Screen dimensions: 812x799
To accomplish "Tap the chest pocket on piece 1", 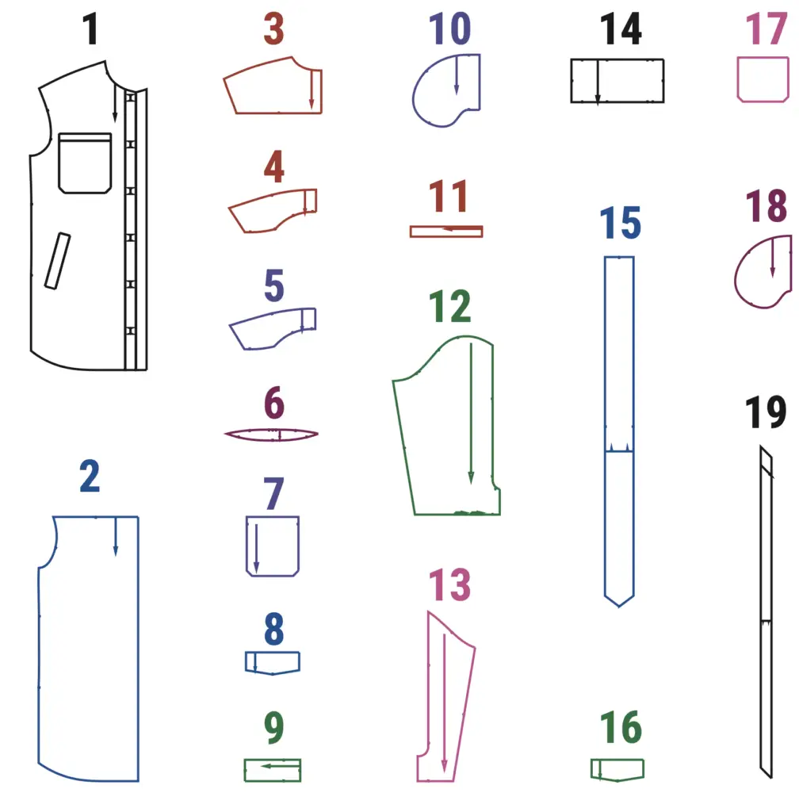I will click(x=85, y=163).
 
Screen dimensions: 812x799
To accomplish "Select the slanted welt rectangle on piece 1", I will click(x=57, y=260).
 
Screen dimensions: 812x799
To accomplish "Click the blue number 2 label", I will click(x=90, y=477).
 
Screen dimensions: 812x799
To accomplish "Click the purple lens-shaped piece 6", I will click(x=271, y=435).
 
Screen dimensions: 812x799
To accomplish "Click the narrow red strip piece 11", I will click(x=445, y=232).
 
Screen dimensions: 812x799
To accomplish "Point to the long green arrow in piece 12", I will click(x=471, y=412).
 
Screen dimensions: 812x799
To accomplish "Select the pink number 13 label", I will click(x=449, y=585).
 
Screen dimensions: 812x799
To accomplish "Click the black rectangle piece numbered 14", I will click(x=617, y=80).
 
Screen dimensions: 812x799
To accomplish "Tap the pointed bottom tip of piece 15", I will click(x=619, y=604).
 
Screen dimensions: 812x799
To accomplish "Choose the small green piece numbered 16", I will click(x=617, y=769).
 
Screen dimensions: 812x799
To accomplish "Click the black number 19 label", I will click(x=766, y=414).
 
